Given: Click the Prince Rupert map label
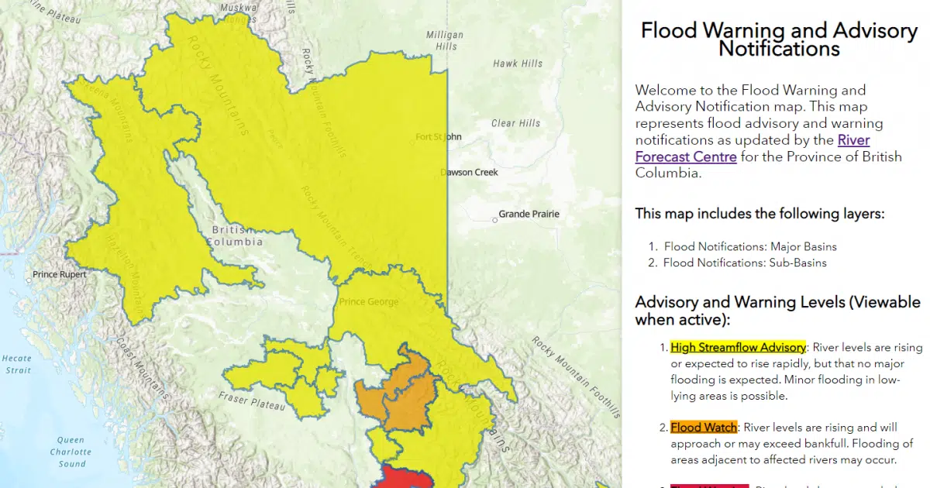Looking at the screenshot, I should click(60, 274).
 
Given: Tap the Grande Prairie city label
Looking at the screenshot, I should click(529, 214).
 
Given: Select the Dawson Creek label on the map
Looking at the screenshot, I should click(469, 172).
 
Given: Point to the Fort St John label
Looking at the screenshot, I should click(438, 137).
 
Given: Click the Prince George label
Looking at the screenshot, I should click(369, 302).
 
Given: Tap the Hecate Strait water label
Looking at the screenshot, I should click(16, 364).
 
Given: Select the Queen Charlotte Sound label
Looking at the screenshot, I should click(71, 452).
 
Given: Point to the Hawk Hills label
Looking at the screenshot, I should click(518, 64).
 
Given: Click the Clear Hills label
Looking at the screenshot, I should click(515, 123).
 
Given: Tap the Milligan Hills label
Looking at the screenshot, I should click(445, 40).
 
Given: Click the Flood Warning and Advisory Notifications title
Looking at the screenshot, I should click(779, 40).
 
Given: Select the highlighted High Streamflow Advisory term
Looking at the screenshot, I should click(738, 347).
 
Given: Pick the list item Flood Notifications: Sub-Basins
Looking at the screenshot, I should click(744, 263).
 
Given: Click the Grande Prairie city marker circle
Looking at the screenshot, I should click(495, 220).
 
